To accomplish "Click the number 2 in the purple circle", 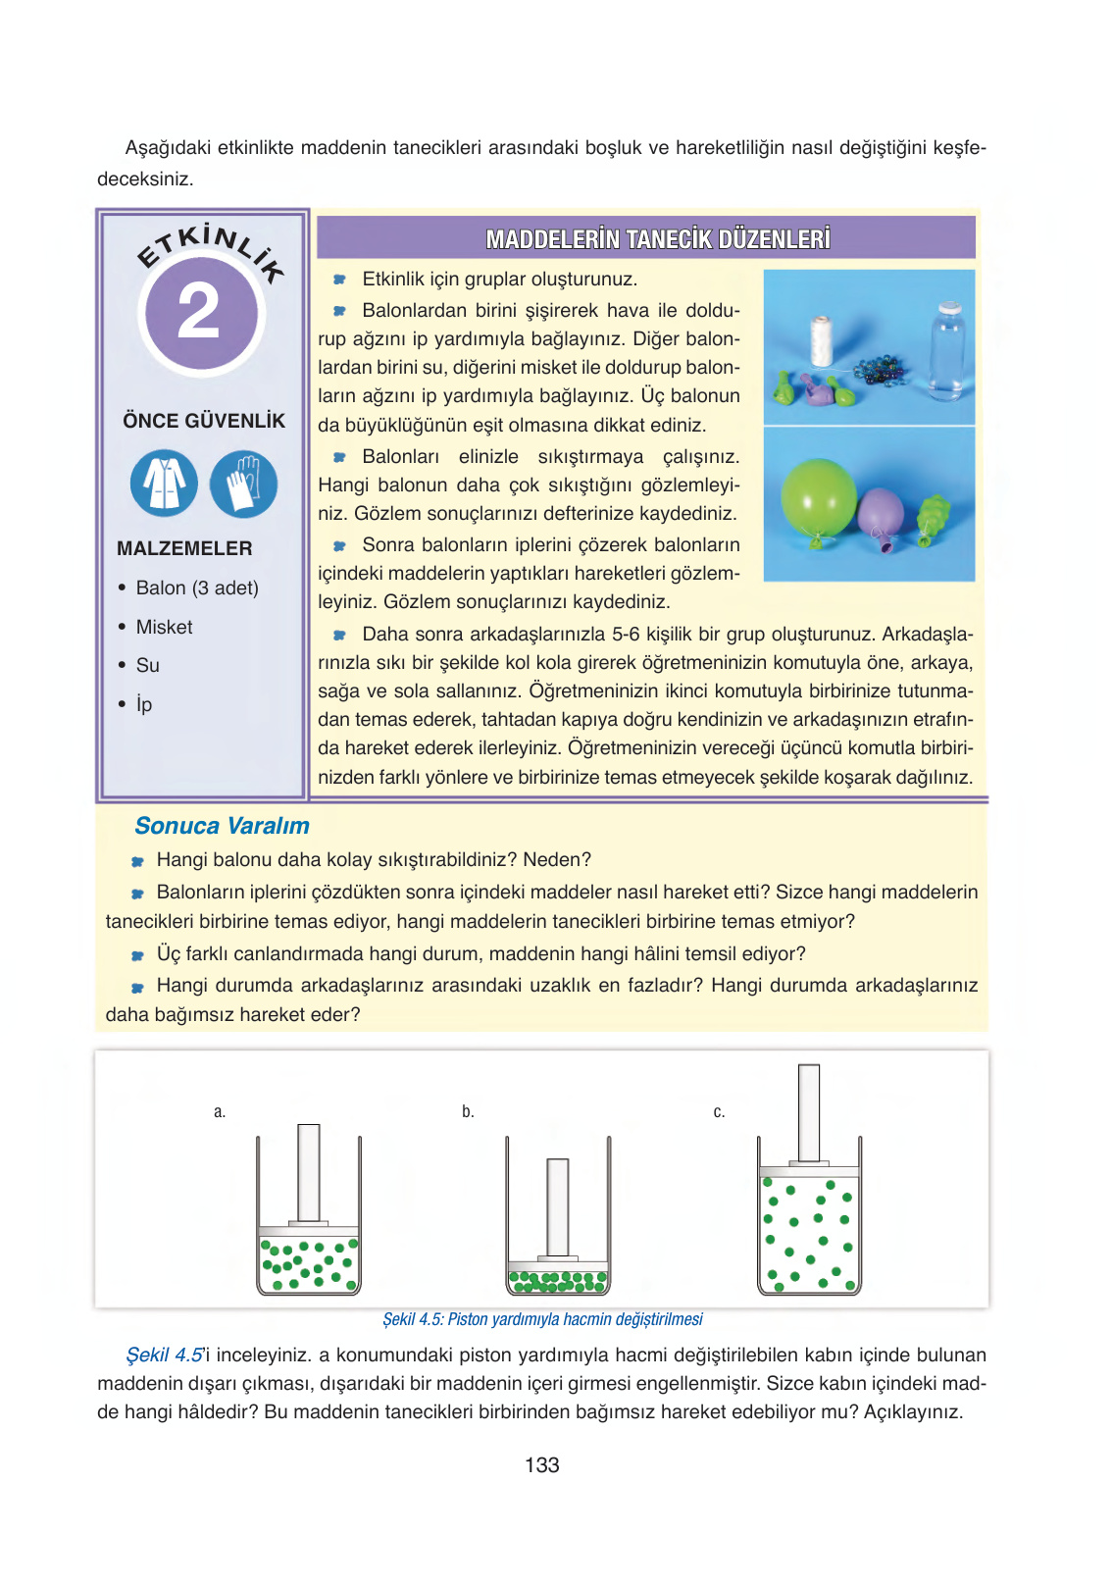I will (x=199, y=312).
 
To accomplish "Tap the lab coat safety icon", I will (x=164, y=484).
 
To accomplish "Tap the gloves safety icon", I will (x=243, y=484).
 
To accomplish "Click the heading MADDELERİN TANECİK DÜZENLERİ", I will (x=657, y=239).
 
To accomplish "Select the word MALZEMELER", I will (x=184, y=548).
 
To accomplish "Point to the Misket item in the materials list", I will (x=164, y=627).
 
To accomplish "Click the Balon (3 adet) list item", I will (x=196, y=588).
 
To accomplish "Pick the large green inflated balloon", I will (x=818, y=497).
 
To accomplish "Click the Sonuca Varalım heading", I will (x=222, y=826).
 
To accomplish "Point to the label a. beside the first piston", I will (x=220, y=1111).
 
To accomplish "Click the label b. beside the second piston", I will (x=468, y=1111).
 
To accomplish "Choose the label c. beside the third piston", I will (x=719, y=1111).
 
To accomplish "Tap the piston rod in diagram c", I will (x=809, y=1112).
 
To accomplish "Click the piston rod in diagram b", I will (x=558, y=1206).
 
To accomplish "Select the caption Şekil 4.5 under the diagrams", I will (x=542, y=1319).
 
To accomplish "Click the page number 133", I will (x=542, y=1465).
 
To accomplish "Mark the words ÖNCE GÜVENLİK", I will (x=204, y=421).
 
